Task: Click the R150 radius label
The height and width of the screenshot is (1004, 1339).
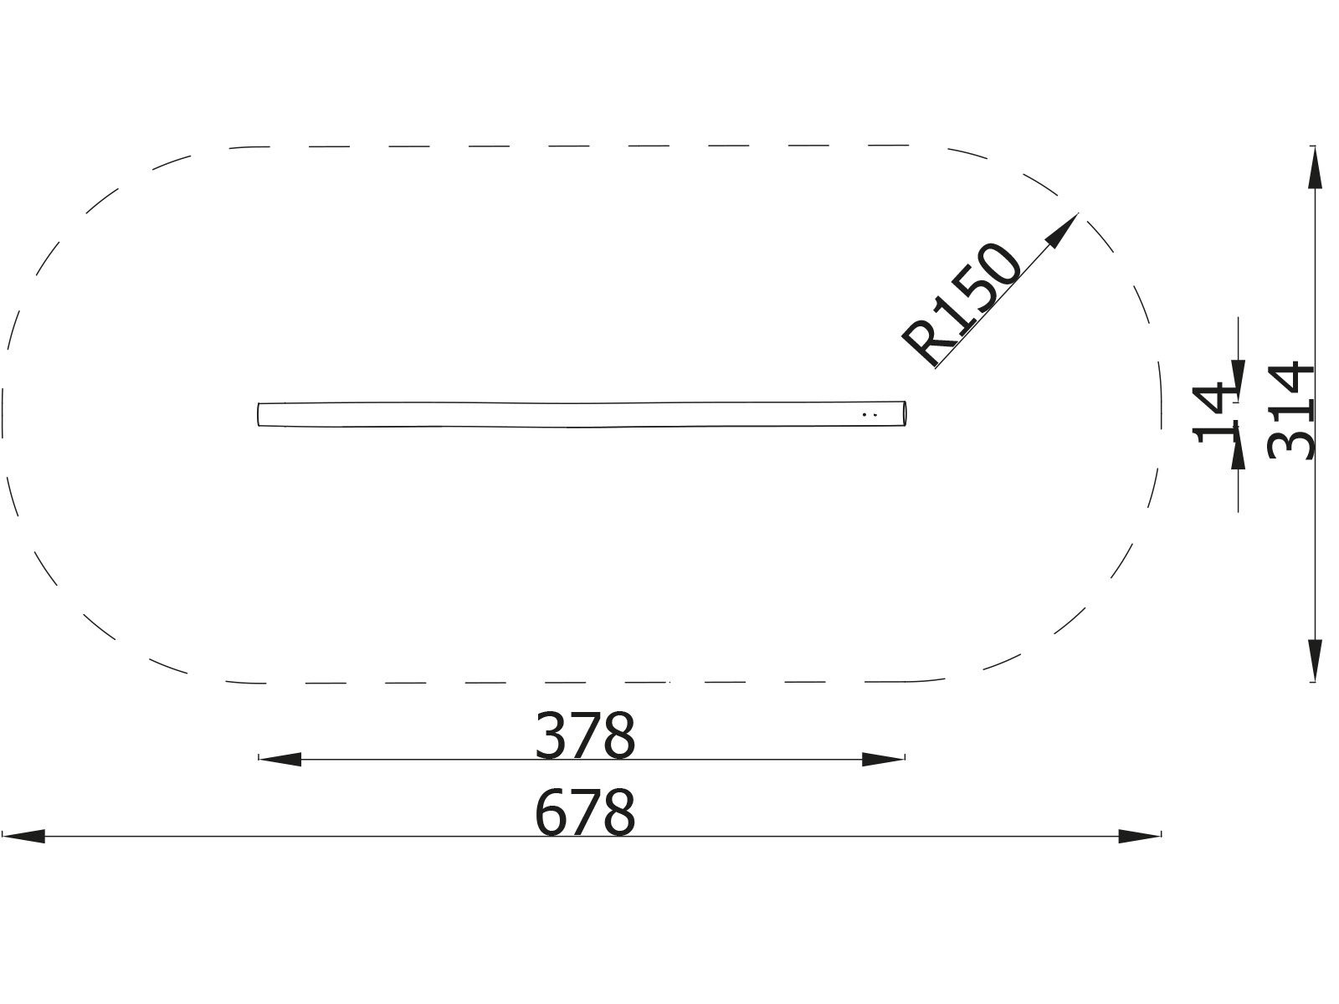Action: pyautogui.click(x=962, y=305)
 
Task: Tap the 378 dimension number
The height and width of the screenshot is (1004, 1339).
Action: pyautogui.click(x=585, y=735)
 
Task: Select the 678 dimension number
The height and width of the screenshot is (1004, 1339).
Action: pyautogui.click(x=585, y=812)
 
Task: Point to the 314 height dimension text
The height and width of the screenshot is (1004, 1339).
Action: pyautogui.click(x=1290, y=410)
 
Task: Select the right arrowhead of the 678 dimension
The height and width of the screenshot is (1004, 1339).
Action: pyautogui.click(x=1140, y=836)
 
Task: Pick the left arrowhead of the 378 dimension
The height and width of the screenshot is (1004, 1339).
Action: pyautogui.click(x=280, y=760)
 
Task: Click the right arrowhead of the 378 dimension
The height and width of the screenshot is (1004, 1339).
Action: pyautogui.click(x=884, y=760)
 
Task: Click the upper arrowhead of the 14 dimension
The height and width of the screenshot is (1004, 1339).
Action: pyautogui.click(x=1238, y=371)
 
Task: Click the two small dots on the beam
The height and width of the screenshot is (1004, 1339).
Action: pyautogui.click(x=869, y=414)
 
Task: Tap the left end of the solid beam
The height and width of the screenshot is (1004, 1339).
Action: pyautogui.click(x=260, y=415)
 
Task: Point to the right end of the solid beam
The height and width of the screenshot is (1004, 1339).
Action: pyautogui.click(x=905, y=415)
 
